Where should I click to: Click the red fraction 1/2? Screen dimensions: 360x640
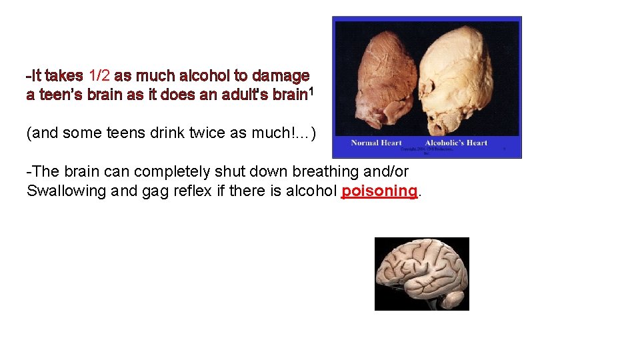99,76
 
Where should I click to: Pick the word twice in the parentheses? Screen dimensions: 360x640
187,133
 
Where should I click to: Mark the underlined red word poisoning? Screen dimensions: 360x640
379,191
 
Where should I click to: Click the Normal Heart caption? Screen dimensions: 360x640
377,143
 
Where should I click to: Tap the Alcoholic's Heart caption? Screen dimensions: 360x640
456,143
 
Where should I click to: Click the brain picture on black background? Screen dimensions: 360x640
421,273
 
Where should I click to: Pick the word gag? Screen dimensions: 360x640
163,191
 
